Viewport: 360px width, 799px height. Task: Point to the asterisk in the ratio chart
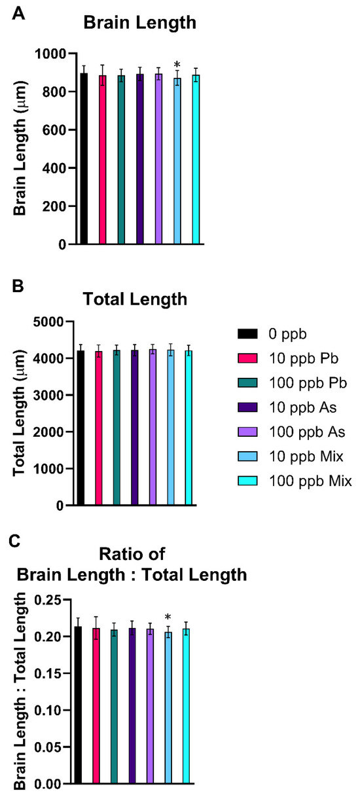pos(168,617)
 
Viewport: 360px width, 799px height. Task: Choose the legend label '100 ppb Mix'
pos(312,481)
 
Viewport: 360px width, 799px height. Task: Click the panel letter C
pos(20,541)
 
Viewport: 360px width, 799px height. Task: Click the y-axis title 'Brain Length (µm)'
pos(21,150)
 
